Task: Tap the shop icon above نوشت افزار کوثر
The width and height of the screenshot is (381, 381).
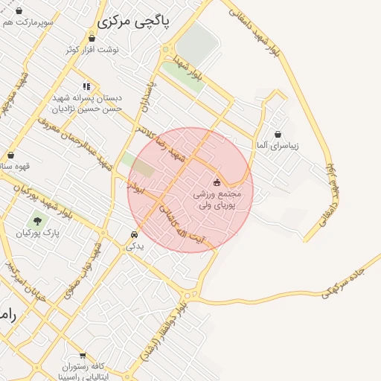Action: coord(92,38)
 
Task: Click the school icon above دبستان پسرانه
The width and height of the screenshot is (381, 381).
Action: coord(87,86)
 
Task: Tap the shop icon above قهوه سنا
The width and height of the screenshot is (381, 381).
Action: coord(10,156)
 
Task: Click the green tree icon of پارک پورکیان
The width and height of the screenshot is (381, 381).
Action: coord(36,220)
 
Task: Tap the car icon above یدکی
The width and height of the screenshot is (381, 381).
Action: coord(134,234)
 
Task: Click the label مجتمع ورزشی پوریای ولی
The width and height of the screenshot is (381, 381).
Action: coord(216,199)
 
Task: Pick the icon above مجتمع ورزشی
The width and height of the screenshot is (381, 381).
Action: coord(217,182)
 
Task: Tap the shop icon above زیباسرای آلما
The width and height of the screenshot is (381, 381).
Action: coord(278,135)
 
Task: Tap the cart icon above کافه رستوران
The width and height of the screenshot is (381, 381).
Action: coord(82,356)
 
